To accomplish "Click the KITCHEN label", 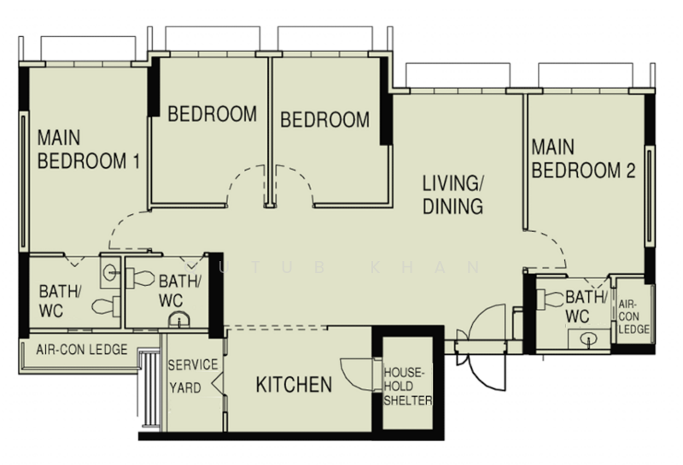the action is (294, 385).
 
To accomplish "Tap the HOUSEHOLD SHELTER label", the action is (408, 387).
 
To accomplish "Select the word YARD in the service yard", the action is (185, 387).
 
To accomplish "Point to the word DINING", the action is (453, 206).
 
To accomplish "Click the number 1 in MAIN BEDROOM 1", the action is (136, 161).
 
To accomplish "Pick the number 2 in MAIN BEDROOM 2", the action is (630, 171).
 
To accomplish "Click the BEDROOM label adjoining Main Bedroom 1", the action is (213, 114).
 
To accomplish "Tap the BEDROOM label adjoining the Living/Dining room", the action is (325, 119).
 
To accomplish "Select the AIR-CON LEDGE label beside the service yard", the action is (82, 350).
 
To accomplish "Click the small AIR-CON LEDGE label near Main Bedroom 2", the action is (633, 317).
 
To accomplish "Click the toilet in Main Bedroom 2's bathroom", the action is (550, 300).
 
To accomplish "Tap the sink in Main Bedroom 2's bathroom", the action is (589, 340).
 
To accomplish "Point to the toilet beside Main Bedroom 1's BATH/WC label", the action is (106, 306).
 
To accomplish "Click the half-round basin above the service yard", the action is (179, 319).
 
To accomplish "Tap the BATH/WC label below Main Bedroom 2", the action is (586, 307).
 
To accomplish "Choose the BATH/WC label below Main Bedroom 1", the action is (60, 301).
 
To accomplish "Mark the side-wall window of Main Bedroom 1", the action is (24, 181).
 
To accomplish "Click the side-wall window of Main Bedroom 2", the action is (650, 196).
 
